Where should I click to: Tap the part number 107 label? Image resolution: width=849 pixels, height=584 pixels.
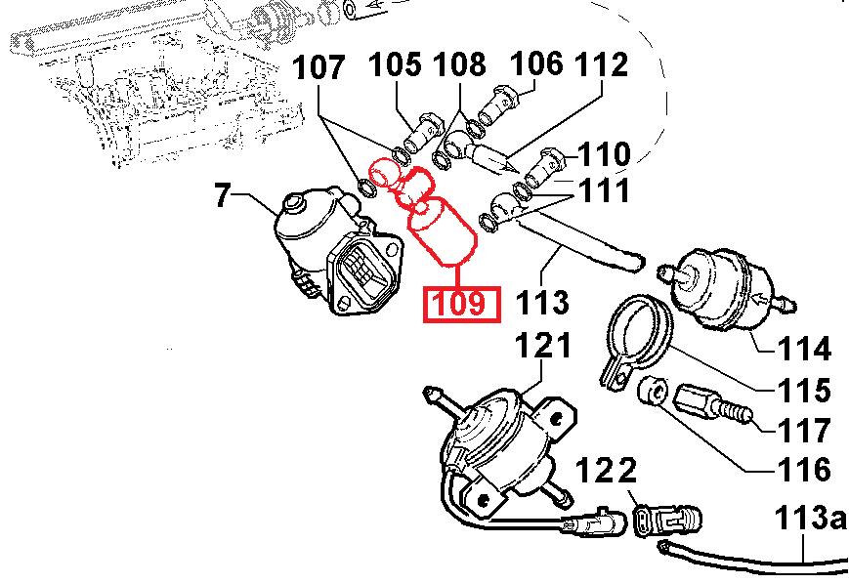pos(320,68)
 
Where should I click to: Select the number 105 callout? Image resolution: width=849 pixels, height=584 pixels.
pos(396,65)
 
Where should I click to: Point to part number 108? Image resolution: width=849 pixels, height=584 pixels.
pos(460,65)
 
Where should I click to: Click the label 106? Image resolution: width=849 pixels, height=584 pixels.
pos(537,64)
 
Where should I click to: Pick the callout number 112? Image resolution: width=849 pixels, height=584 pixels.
pos(602,65)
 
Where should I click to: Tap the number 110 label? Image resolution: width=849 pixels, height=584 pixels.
pos(603,154)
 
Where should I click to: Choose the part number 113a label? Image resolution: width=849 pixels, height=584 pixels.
pos(810,517)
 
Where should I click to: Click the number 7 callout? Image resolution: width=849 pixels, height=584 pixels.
pos(223,196)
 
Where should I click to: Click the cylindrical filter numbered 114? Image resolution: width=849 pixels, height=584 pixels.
pos(723,284)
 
